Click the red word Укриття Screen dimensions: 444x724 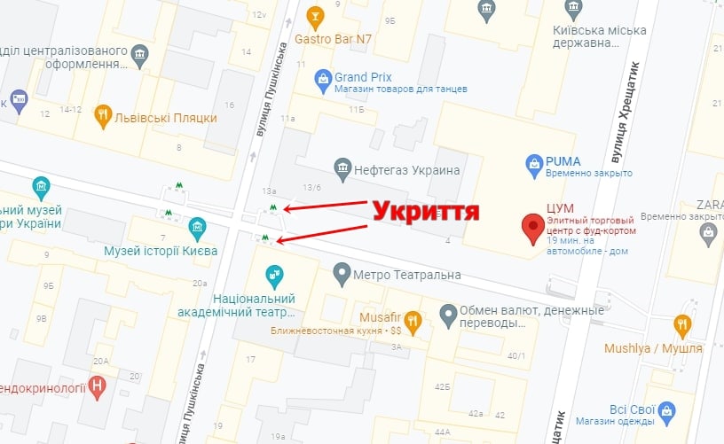pyautogui.click(x=425, y=212)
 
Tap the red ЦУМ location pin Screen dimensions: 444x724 pyautogui.click(x=532, y=228)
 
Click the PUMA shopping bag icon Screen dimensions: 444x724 pyautogui.click(x=534, y=163)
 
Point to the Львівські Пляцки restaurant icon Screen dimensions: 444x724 pyautogui.click(x=104, y=113)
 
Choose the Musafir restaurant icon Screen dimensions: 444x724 pyautogui.click(x=412, y=319)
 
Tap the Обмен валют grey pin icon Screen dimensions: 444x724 pyautogui.click(x=449, y=313)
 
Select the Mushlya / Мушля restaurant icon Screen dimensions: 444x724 pyautogui.click(x=682, y=324)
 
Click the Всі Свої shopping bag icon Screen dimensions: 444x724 pyautogui.click(x=668, y=410)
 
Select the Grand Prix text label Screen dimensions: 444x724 pyautogui.click(x=363, y=76)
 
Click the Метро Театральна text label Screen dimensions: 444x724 pyautogui.click(x=406, y=275)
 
